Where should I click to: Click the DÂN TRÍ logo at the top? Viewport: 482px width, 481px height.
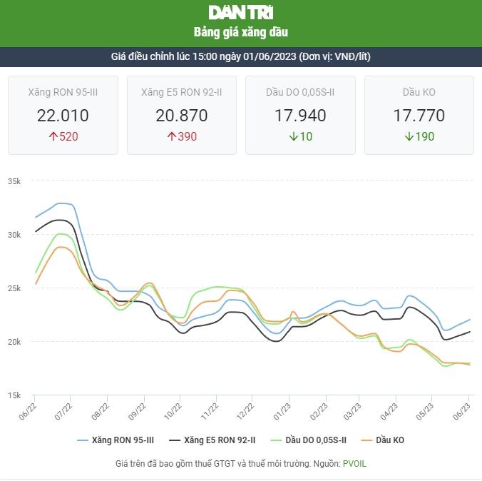(241, 12)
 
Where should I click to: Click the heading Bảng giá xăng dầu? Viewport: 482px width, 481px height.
(241, 32)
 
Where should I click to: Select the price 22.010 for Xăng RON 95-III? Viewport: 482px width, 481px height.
(63, 116)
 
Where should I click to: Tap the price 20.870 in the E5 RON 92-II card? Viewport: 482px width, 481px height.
(182, 116)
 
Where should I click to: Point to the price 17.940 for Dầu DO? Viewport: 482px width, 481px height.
(300, 116)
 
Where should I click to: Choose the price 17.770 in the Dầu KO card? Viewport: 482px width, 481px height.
(419, 116)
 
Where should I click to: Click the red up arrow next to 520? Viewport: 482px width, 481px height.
(53, 136)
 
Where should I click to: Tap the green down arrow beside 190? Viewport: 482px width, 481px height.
(409, 136)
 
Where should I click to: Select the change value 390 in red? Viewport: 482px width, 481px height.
(188, 136)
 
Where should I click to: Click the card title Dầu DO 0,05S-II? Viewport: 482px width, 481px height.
(300, 92)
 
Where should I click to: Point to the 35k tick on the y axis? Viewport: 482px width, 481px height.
(14, 181)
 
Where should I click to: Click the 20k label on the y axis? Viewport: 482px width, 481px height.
(14, 342)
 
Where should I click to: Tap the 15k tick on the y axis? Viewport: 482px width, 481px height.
(14, 395)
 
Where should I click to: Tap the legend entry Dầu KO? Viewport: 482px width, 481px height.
(389, 440)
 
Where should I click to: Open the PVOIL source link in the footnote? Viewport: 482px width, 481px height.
(354, 463)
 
